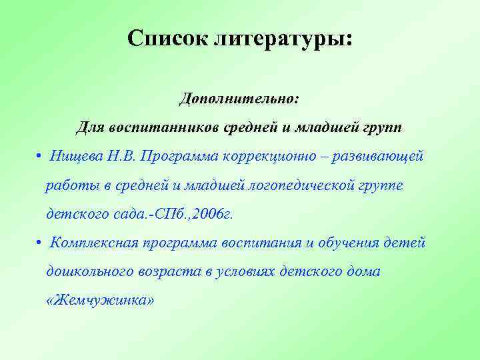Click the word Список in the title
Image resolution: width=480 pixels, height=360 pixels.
point(167,39)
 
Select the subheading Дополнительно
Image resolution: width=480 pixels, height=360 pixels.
point(239,98)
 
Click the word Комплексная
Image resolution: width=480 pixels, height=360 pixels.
point(93,242)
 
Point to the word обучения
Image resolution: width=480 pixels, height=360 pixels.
point(347,242)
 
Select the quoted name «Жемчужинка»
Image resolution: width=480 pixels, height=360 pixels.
point(100,300)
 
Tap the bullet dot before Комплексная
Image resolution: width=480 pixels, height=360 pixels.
point(41,242)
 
